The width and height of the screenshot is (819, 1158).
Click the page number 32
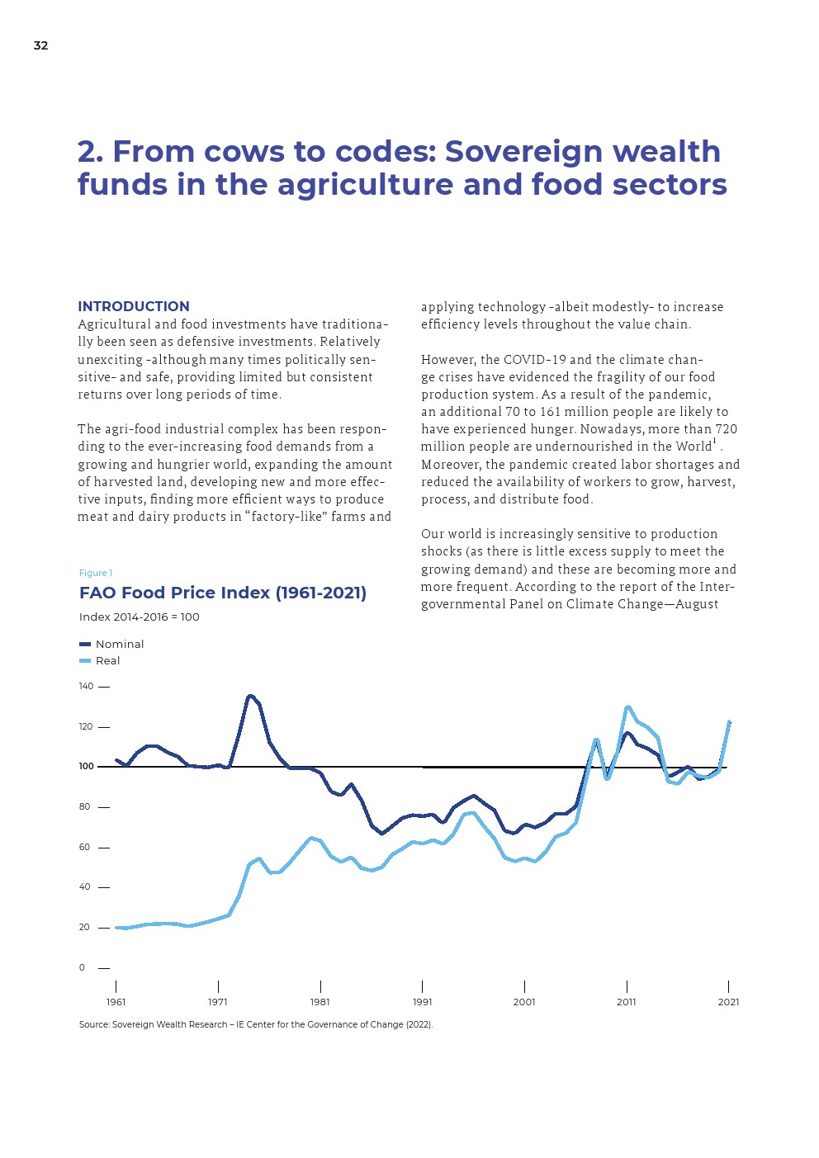tap(40, 45)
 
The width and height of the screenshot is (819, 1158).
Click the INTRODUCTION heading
tap(134, 306)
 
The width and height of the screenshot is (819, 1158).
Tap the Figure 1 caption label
tap(96, 573)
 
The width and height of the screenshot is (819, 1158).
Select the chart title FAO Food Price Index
tap(223, 593)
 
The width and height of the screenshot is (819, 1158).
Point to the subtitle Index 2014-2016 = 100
tap(140, 617)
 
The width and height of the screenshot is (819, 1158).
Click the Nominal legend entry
tap(119, 644)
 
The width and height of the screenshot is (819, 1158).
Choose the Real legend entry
tap(107, 660)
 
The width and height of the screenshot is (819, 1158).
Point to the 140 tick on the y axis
tap(86, 686)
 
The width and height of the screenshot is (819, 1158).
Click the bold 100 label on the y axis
tap(87, 766)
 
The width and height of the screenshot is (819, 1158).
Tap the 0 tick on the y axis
tap(82, 967)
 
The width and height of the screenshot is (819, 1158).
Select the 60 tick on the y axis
tap(84, 847)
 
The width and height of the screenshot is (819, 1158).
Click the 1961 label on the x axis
tap(116, 1002)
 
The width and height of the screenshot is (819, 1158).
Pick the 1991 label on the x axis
tap(422, 1002)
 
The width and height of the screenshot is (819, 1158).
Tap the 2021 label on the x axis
tap(728, 1002)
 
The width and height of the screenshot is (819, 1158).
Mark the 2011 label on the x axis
tap(626, 1002)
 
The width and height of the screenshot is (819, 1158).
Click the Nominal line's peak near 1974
tap(250, 696)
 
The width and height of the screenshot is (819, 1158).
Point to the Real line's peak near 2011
tap(628, 707)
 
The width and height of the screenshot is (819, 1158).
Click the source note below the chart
tap(256, 1024)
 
